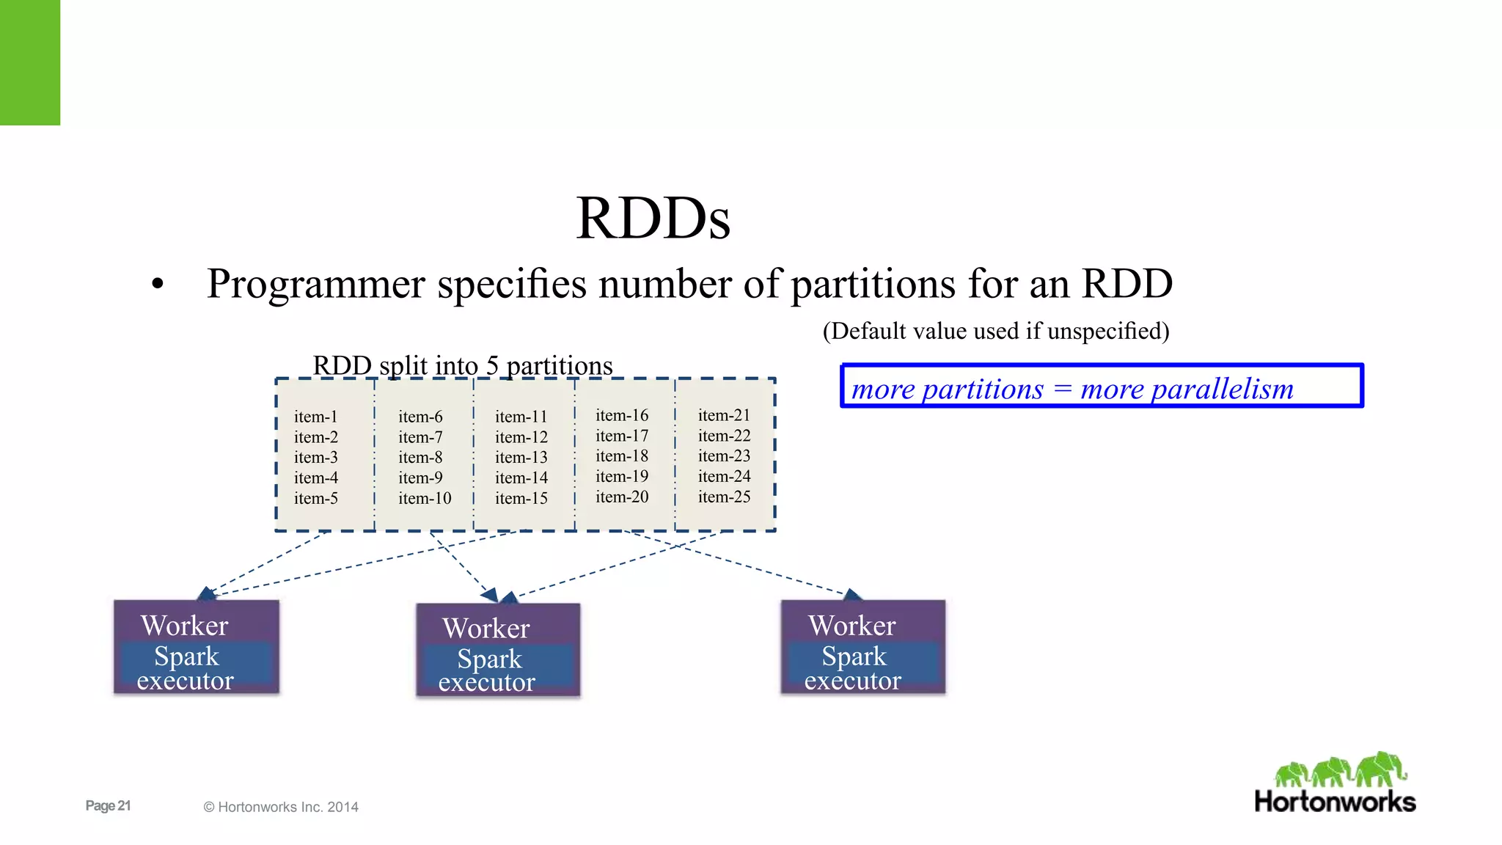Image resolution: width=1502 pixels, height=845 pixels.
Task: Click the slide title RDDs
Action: pos(653,218)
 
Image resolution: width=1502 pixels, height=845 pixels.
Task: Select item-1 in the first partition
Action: pos(315,417)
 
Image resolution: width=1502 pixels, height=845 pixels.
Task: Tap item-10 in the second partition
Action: pos(425,498)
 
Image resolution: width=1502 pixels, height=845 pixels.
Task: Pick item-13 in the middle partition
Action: pos(521,457)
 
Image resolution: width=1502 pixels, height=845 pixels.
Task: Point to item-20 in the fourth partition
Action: pos(622,497)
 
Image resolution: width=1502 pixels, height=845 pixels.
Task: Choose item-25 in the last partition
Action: pos(724,497)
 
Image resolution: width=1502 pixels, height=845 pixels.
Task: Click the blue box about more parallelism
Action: pos(1102,387)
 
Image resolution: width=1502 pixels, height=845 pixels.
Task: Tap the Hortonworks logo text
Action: pos(1335,802)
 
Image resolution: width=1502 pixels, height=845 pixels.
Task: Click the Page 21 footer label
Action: pos(108,805)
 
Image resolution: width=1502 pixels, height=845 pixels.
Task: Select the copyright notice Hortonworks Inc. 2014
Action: pos(281,807)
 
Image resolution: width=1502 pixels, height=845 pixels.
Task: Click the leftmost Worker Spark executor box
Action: pos(197,647)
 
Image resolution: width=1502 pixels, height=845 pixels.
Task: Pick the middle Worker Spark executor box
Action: pos(498,650)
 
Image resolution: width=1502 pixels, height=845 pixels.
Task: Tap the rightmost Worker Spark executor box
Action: pos(862,647)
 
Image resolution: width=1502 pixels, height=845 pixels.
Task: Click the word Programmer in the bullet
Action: pos(315,284)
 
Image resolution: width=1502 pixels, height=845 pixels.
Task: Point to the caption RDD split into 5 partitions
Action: pos(462,365)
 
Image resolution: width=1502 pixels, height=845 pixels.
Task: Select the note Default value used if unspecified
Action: pos(995,331)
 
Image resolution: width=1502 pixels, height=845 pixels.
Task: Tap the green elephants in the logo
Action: pos(1340,770)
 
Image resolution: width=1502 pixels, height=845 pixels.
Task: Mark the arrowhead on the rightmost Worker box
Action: pos(852,594)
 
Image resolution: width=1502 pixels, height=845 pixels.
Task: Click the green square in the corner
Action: pos(30,62)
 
